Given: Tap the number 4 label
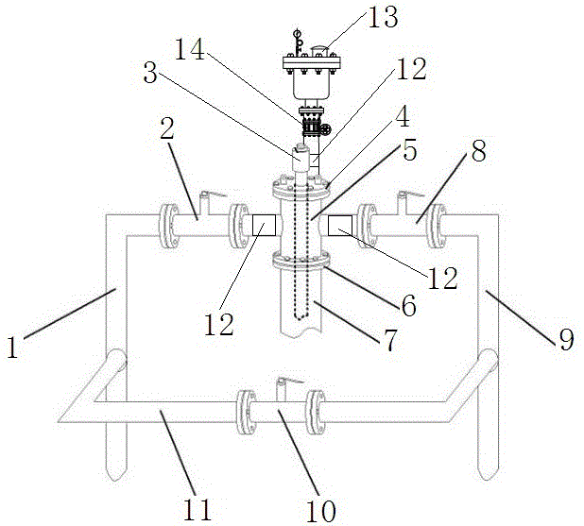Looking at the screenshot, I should pos(401,120).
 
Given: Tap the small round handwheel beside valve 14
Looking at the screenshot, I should pos(325,128).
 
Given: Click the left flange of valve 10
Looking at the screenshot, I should pos(245,413).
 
